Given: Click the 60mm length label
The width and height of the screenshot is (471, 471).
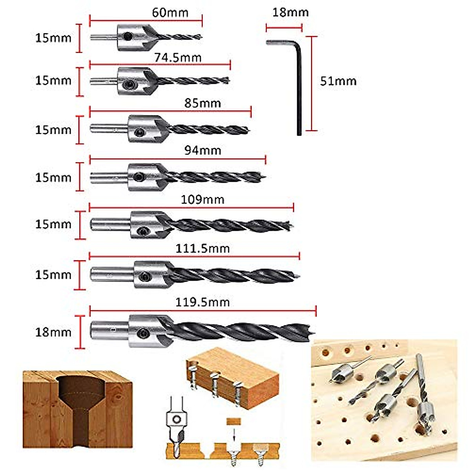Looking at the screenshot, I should point(170,13).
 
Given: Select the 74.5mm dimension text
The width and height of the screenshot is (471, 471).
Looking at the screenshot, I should point(177,58).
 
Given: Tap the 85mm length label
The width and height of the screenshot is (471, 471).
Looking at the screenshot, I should point(203,103).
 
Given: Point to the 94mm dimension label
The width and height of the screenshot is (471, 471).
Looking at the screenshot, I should point(203,150).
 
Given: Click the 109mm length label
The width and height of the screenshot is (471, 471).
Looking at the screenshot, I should point(203,199).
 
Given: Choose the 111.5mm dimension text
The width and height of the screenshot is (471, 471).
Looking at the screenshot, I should point(203,248).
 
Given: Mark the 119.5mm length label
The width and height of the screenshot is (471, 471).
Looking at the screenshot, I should point(203,302).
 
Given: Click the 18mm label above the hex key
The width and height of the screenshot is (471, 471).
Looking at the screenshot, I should point(290,13).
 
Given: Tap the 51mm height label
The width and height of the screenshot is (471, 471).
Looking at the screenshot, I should point(338,81).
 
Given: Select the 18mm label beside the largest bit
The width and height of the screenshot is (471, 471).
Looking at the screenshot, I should point(53,332).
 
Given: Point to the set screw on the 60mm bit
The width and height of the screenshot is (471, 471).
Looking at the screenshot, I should point(127,37).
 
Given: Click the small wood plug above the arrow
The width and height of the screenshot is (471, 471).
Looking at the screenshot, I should point(234,421).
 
